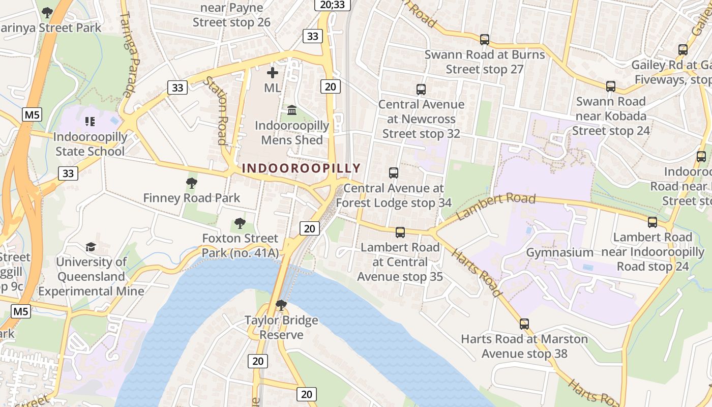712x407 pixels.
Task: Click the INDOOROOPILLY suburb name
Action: [301, 168]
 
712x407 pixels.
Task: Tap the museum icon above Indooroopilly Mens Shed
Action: [292, 110]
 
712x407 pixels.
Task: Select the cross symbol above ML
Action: [273, 73]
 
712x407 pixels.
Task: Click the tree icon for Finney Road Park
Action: [192, 183]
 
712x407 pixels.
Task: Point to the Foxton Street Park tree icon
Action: [240, 223]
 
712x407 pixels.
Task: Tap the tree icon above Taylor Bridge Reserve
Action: [281, 305]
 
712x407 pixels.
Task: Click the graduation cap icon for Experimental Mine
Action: [91, 247]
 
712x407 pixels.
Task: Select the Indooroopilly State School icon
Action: [90, 122]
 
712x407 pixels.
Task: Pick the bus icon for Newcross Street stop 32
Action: [421, 90]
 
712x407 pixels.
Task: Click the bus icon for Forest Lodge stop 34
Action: [394, 173]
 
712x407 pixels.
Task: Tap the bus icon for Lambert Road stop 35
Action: [400, 232]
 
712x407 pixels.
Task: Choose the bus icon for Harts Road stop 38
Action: [524, 324]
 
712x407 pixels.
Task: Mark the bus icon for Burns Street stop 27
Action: [485, 39]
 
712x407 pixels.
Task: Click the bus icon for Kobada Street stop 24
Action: [611, 86]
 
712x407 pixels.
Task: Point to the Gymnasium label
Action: [559, 252]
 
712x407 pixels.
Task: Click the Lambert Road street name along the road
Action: [496, 206]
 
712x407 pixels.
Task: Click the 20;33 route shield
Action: [333, 5]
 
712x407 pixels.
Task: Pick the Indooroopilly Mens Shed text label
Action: [292, 133]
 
